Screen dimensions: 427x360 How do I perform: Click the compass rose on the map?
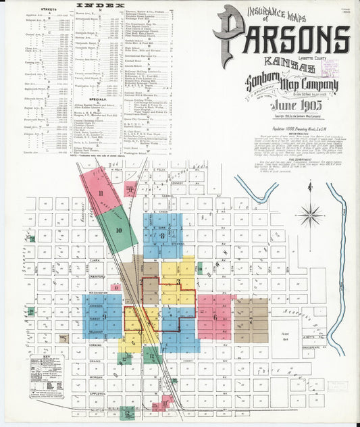pos(309,214)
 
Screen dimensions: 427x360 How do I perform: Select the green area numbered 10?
pos(118,230)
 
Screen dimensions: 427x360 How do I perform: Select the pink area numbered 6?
pos(215,316)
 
